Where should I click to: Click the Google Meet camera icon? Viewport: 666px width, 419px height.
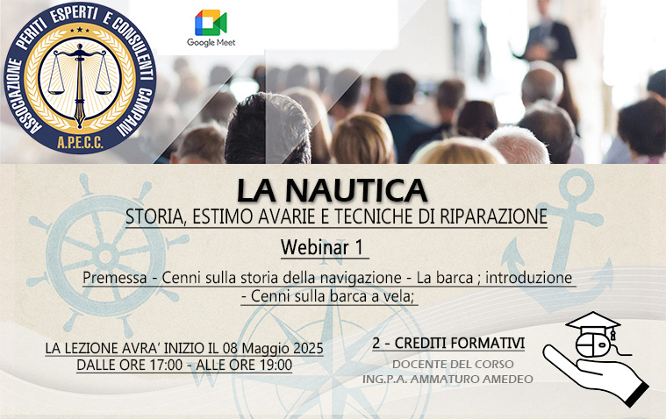point(211,23)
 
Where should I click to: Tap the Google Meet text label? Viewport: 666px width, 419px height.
point(211,42)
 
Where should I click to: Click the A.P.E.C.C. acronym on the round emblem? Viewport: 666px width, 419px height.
point(80,143)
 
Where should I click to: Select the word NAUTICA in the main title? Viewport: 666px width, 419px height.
point(356,190)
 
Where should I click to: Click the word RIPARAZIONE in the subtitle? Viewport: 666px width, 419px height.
point(493,217)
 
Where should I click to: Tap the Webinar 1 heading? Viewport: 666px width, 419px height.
point(322,246)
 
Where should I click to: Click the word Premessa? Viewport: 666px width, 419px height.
point(115,278)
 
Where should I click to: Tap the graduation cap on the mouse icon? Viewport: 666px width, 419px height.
point(593,322)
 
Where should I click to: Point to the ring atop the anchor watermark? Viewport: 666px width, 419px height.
point(576,186)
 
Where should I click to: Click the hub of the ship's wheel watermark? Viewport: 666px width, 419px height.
point(105,256)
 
